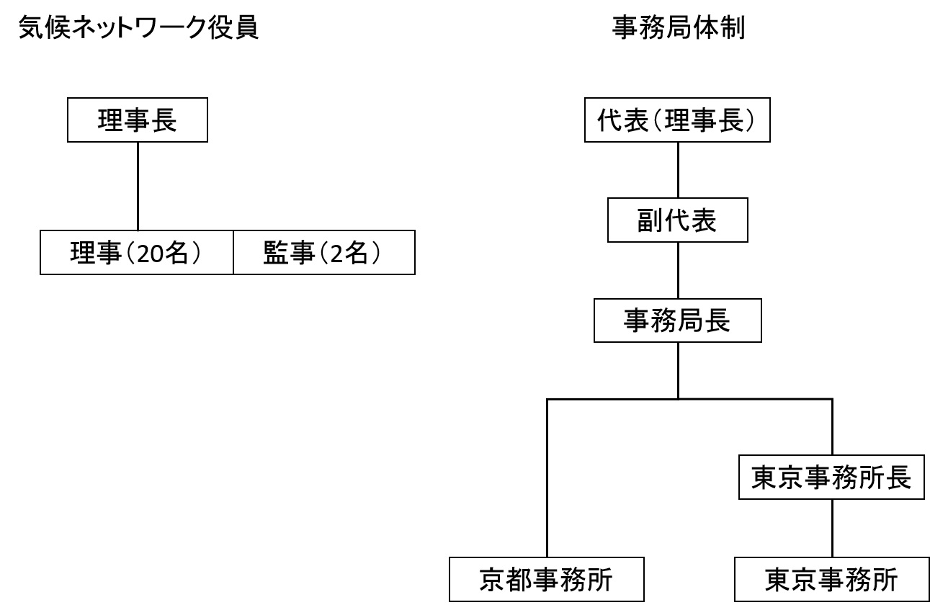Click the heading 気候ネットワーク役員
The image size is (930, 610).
(138, 28)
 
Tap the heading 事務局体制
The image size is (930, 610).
(679, 28)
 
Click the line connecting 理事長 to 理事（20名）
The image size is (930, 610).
(138, 187)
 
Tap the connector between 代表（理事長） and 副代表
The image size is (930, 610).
(678, 170)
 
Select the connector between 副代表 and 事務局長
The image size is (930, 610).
(678, 271)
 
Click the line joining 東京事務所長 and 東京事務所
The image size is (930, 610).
(832, 528)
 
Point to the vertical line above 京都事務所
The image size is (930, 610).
(547, 478)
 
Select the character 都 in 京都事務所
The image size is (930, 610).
(519, 579)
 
